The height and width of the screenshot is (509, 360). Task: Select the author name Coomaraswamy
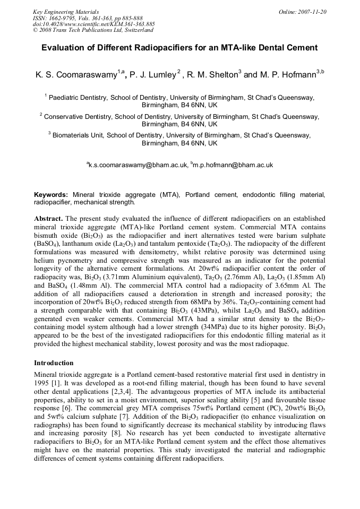[83, 75]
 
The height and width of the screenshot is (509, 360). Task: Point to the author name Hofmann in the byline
[295, 75]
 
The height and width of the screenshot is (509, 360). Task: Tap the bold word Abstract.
[48, 219]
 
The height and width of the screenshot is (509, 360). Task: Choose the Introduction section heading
[54, 363]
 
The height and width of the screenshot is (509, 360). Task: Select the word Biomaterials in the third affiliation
[74, 135]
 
